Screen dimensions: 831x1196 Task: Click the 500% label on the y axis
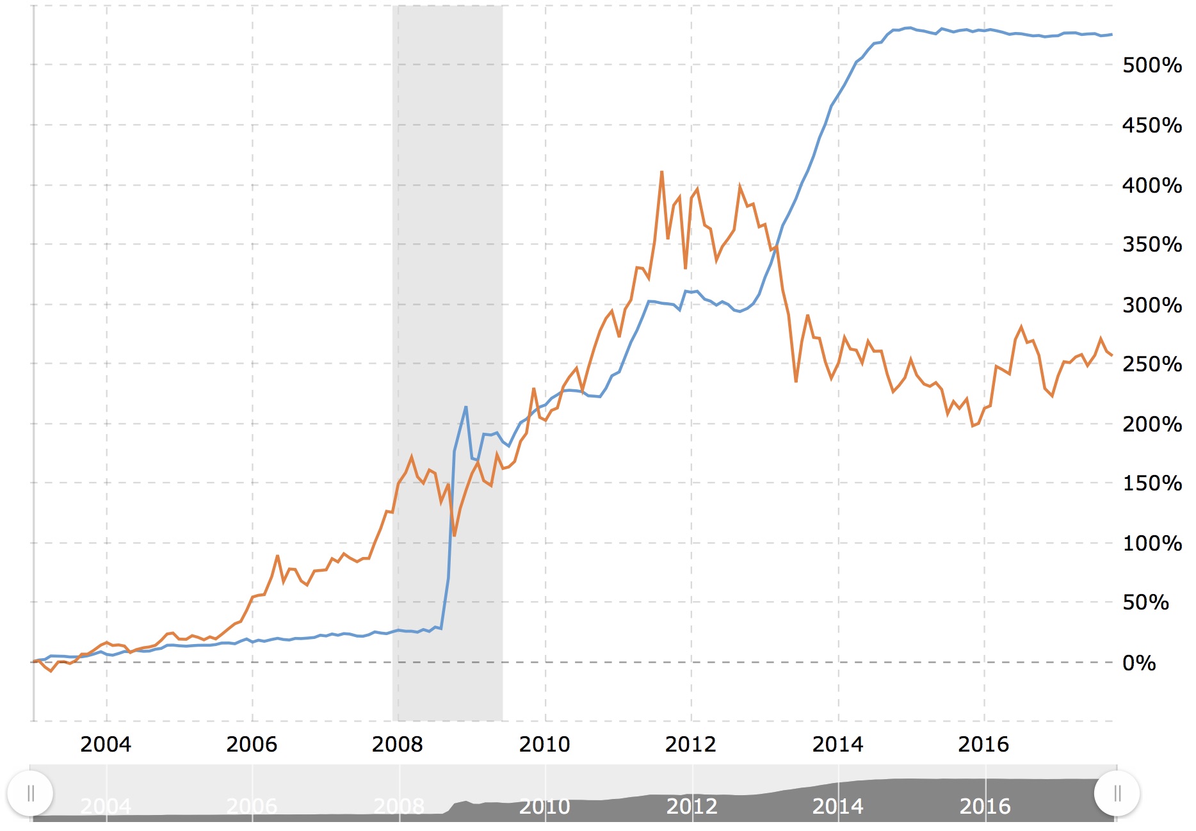coord(1151,65)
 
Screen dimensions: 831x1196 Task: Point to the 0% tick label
coord(1138,663)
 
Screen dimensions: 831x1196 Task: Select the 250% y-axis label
coord(1151,364)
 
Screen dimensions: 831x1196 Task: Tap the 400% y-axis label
coord(1151,186)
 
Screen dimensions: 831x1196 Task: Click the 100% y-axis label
coord(1151,544)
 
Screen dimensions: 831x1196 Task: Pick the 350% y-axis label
coord(1151,245)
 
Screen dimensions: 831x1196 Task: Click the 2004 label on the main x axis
coord(106,744)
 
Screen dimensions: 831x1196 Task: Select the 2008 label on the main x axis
coord(397,744)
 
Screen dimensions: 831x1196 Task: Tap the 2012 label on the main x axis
coord(690,744)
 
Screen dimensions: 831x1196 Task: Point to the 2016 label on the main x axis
coord(983,744)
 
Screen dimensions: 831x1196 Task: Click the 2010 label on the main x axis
coord(544,744)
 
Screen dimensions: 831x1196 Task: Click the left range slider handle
coord(30,794)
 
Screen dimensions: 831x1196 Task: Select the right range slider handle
coord(1117,794)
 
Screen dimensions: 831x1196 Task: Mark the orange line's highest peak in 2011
coord(661,172)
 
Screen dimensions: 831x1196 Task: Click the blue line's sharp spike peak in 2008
coord(466,407)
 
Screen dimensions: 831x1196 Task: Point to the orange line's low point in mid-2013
coord(796,382)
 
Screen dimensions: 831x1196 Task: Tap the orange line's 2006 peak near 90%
coord(277,556)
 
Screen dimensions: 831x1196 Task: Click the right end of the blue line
coord(1112,35)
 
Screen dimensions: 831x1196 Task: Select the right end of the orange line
coord(1112,355)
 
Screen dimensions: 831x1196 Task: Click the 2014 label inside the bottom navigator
coord(837,806)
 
